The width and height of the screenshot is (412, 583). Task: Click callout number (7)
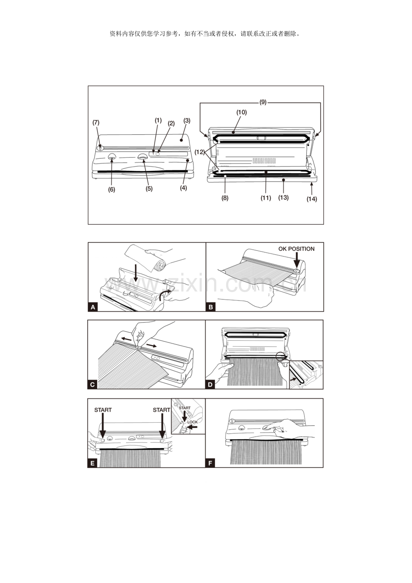96,122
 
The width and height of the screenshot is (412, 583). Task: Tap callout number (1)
158,120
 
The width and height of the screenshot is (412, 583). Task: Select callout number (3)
187,120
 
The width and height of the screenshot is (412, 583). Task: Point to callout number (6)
112,189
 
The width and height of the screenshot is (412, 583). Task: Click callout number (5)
149,189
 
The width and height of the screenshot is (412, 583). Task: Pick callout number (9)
263,102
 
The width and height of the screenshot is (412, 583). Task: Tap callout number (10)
242,112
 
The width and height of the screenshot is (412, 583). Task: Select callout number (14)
312,199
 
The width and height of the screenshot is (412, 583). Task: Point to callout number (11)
266,197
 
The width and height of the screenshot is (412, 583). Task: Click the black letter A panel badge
93,307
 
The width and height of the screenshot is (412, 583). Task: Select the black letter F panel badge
210,463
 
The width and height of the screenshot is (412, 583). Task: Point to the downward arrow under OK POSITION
296,261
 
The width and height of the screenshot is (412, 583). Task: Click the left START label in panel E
103,410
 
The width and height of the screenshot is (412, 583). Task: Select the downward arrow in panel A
136,274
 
